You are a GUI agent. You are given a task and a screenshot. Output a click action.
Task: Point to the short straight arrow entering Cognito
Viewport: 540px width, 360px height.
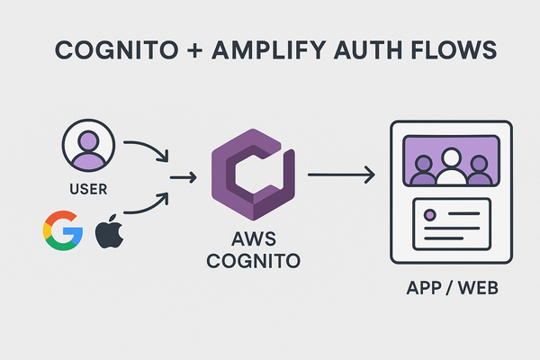pos(184,177)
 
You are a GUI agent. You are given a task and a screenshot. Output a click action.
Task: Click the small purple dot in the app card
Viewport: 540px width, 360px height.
pos(429,216)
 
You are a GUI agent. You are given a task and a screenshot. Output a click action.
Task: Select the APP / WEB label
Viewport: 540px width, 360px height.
pos(450,291)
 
